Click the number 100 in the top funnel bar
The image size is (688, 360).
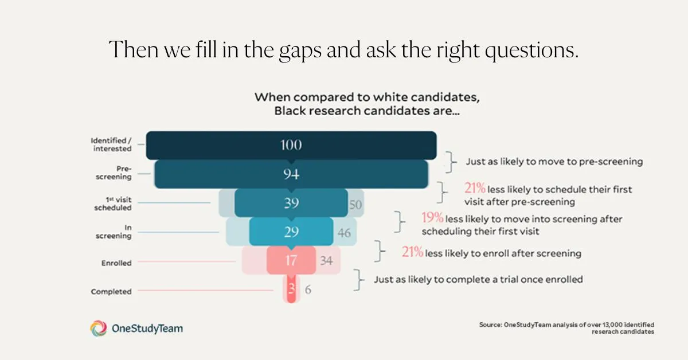click(291, 145)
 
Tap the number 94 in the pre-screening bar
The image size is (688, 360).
click(291, 174)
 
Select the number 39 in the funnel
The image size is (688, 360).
click(291, 204)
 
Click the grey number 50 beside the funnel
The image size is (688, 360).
click(356, 205)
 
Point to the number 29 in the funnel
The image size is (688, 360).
click(291, 232)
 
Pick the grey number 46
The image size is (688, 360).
click(343, 233)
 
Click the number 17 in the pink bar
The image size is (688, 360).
click(291, 261)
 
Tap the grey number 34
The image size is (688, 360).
click(326, 261)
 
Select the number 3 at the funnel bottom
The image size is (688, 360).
click(291, 289)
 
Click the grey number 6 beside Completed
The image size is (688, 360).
click(308, 290)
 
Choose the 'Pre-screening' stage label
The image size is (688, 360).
click(116, 173)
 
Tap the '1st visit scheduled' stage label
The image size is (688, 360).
click(112, 204)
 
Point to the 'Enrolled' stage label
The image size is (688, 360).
click(116, 263)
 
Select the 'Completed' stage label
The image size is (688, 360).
click(111, 292)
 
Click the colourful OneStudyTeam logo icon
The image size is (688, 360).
click(98, 328)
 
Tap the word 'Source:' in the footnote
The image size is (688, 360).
click(490, 325)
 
